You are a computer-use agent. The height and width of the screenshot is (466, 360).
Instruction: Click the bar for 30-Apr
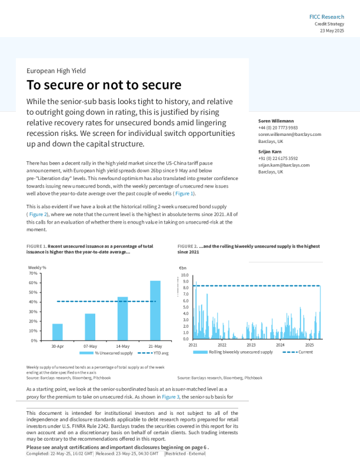(x=58, y=332)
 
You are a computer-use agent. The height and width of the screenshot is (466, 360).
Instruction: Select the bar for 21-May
(x=155, y=310)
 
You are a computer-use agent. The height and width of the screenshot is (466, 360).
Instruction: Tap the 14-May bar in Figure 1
(x=122, y=318)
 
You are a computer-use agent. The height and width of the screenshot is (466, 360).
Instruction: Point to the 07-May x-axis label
(x=90, y=346)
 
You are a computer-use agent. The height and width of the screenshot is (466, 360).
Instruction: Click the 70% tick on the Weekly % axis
(x=33, y=274)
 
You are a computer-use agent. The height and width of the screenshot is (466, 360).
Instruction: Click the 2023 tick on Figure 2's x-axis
(x=251, y=345)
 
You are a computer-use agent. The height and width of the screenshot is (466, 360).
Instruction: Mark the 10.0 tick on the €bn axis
(x=185, y=275)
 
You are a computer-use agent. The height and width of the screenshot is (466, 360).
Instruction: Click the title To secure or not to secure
(x=104, y=85)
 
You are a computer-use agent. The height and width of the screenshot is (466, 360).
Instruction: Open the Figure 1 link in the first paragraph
(x=183, y=193)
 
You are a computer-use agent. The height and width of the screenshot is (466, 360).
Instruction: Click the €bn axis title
(x=182, y=268)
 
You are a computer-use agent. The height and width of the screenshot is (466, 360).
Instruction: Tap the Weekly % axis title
(x=37, y=268)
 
